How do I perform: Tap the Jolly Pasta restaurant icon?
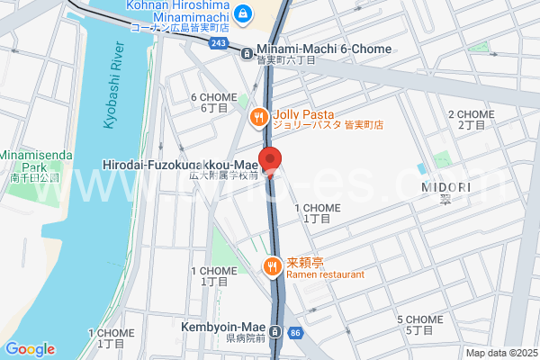258,116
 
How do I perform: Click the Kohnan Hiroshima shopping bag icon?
243,13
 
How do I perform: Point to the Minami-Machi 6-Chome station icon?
247,52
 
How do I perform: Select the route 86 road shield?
296,334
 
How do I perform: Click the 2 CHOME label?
471,114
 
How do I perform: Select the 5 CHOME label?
419,319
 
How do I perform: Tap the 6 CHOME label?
213,97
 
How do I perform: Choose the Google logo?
30,349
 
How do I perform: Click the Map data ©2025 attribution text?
500,353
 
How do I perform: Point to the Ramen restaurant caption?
326,274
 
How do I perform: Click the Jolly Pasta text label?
303,114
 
